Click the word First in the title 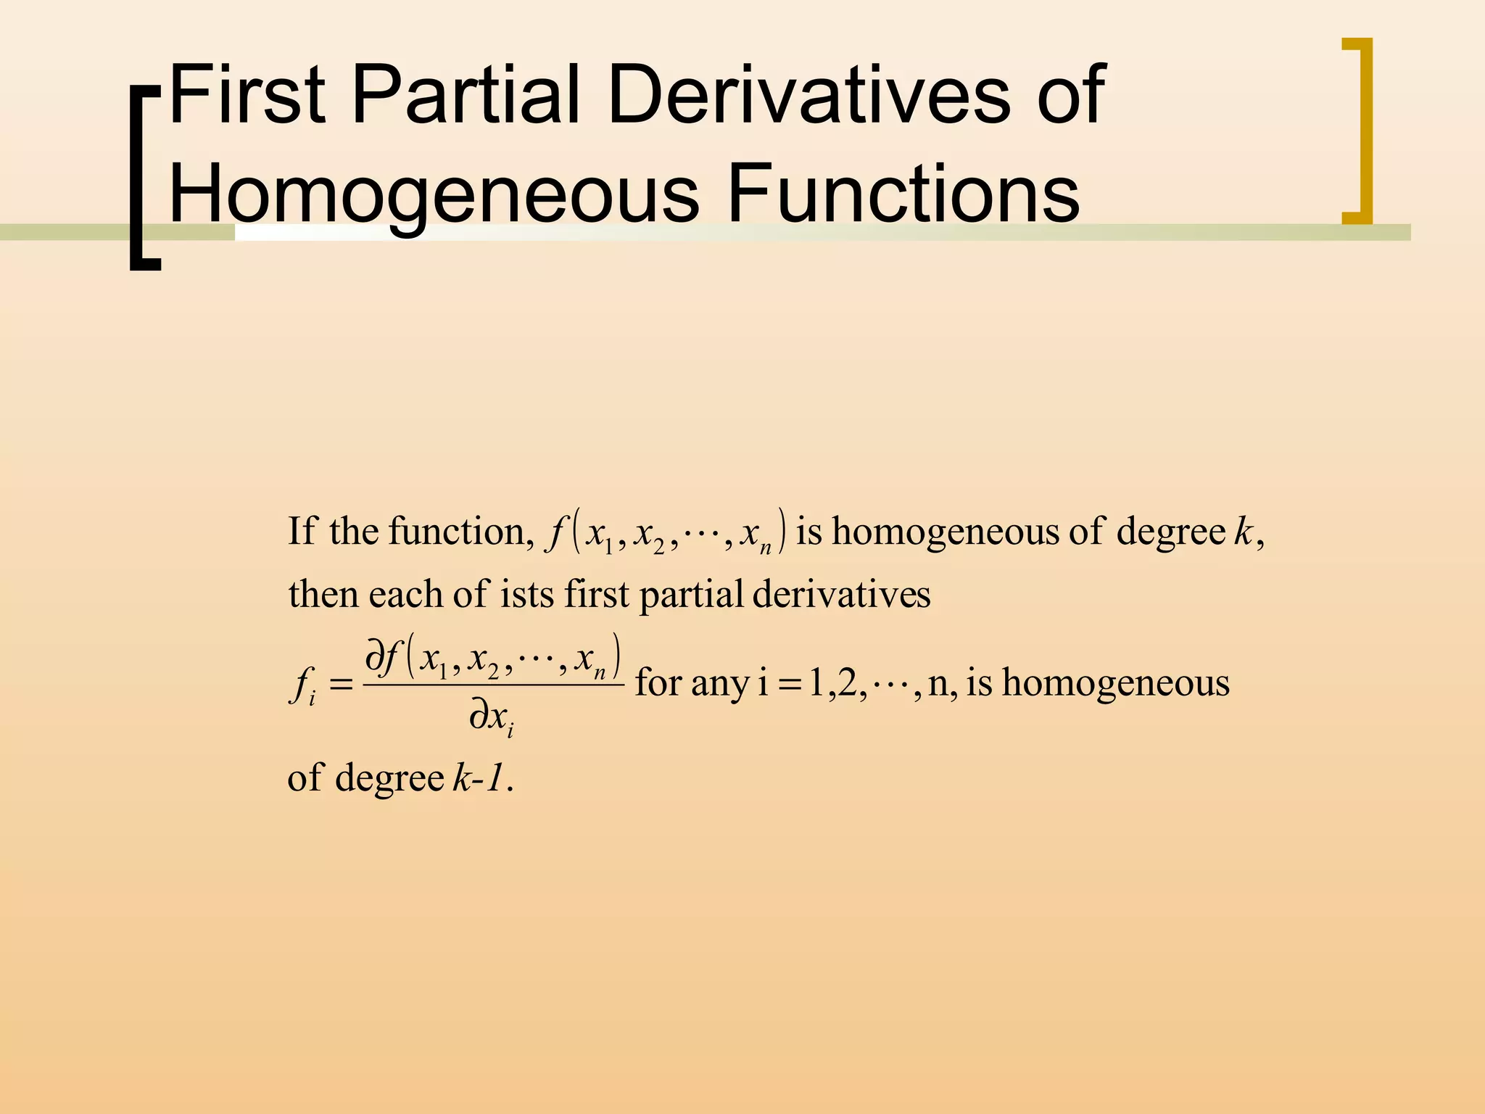coord(247,94)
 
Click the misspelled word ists coord(527,595)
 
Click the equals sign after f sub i coord(341,684)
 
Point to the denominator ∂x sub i coord(492,719)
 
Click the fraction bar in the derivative coord(493,684)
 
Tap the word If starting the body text coord(302,532)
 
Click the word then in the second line coord(324,595)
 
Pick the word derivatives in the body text coord(841,595)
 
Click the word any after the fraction coord(719,684)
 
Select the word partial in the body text coord(691,595)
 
